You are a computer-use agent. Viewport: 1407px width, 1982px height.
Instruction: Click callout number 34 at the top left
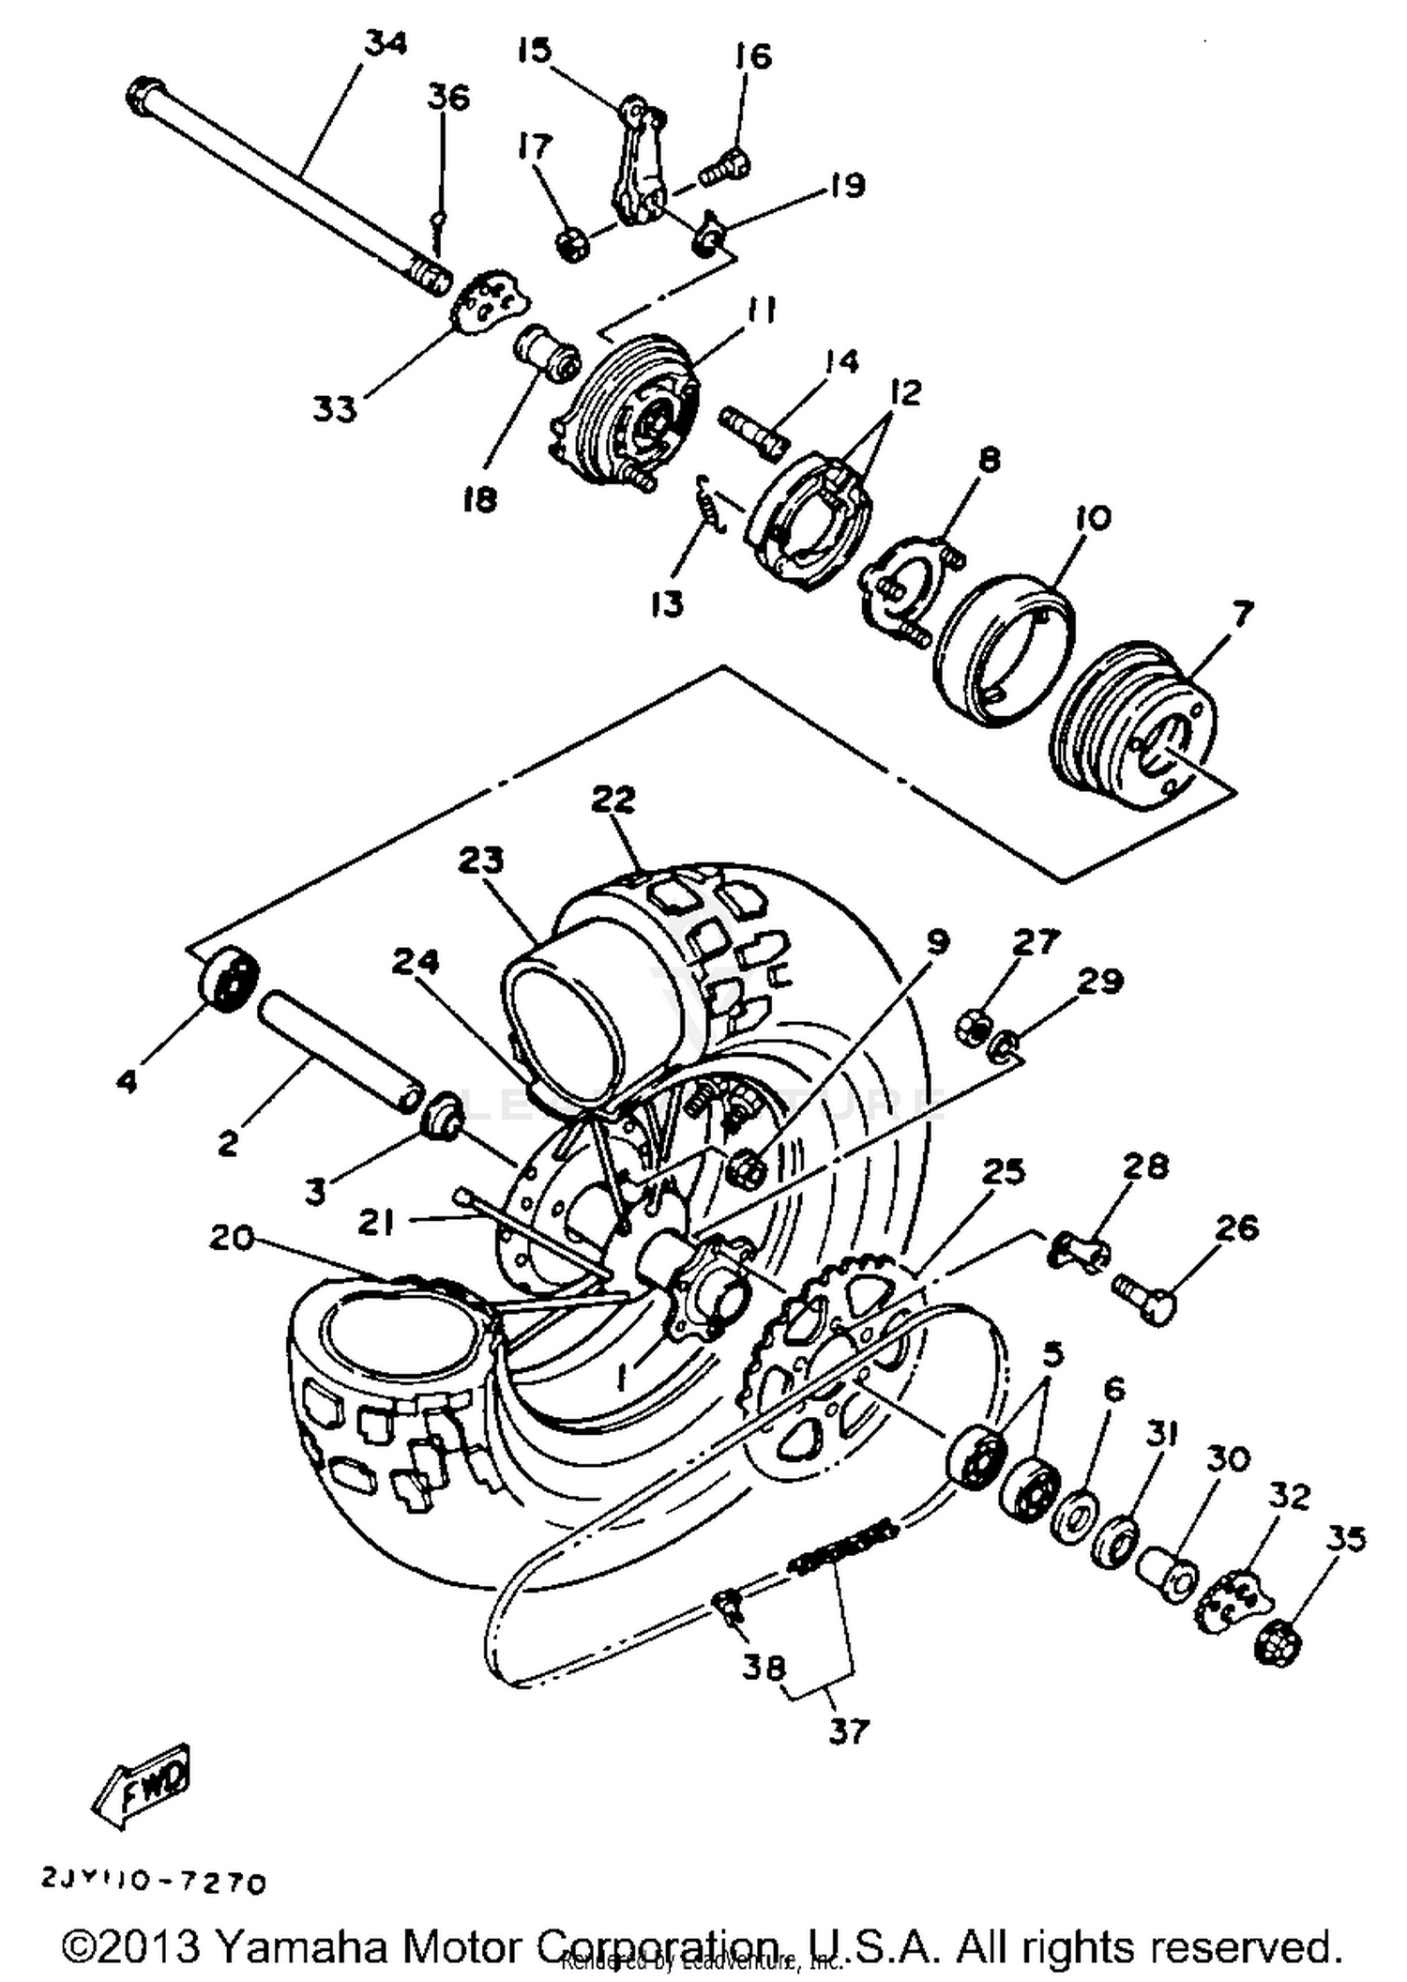click(x=386, y=44)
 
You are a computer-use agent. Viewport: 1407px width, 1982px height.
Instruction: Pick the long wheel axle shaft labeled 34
click(x=281, y=182)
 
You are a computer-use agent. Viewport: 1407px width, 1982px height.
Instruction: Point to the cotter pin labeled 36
click(x=439, y=234)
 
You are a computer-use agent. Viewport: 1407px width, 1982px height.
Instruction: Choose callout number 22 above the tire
click(x=613, y=800)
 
